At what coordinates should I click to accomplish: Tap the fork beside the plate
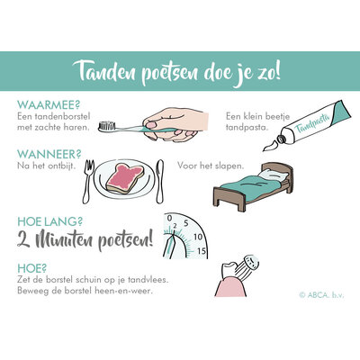pyautogui.click(x=89, y=179)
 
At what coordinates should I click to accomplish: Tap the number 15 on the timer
pyautogui.click(x=202, y=250)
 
